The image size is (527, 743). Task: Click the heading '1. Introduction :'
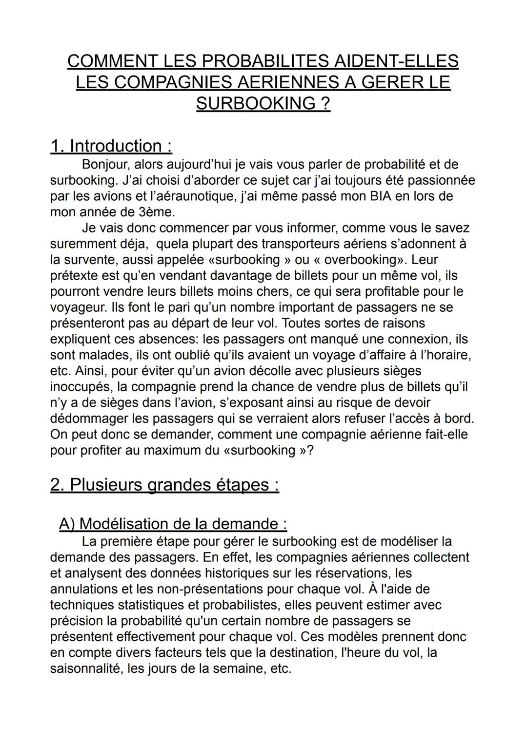111,146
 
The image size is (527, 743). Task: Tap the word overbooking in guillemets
365,259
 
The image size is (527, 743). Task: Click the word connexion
418,339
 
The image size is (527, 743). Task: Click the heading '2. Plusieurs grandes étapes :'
164,485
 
